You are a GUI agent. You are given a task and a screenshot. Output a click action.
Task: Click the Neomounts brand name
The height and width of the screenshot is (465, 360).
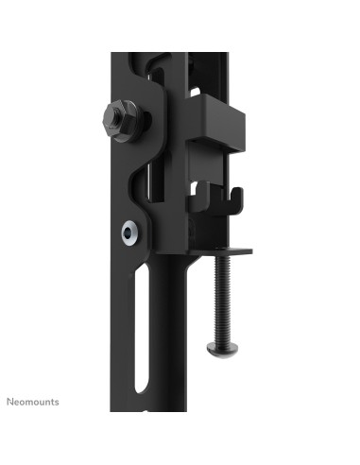(33, 402)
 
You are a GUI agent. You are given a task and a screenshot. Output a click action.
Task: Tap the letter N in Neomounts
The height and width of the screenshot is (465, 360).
(10, 402)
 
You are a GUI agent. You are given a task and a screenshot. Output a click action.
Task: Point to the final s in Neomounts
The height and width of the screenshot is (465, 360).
(56, 402)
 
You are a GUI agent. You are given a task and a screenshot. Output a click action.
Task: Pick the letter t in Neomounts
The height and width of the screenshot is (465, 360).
(51, 402)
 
